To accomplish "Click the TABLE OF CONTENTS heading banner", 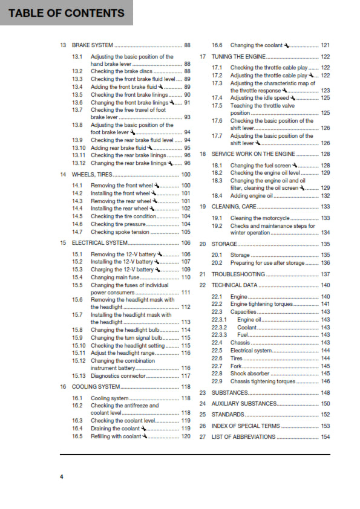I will (x=67, y=13).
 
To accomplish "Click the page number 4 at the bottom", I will (x=61, y=477).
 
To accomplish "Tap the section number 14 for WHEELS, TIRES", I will (x=63, y=175).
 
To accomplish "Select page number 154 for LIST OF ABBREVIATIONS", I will (x=325, y=436).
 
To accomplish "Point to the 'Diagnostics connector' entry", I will (x=119, y=376).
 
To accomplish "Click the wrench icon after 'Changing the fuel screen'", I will (x=295, y=165).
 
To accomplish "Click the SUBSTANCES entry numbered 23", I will (x=229, y=393).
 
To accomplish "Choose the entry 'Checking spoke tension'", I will (x=120, y=232).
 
